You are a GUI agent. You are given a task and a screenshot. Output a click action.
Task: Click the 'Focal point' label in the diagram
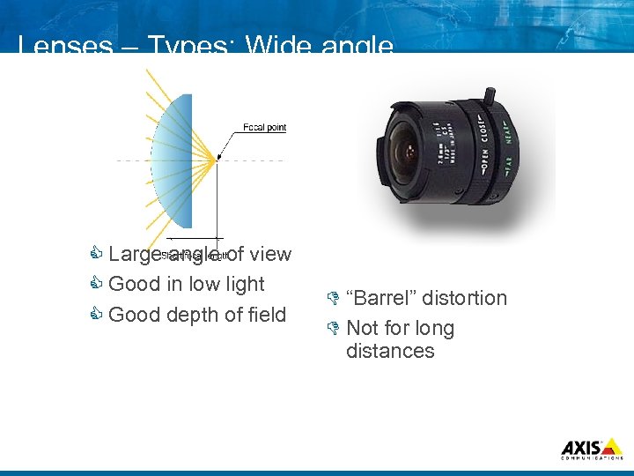(x=264, y=128)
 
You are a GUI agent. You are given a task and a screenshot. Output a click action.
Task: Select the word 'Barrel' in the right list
(x=382, y=298)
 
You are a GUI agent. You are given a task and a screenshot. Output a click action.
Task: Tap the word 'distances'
(x=390, y=351)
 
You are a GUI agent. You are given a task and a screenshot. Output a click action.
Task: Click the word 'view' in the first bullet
(x=270, y=254)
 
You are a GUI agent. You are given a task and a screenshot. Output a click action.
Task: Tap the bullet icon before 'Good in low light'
(x=97, y=285)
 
